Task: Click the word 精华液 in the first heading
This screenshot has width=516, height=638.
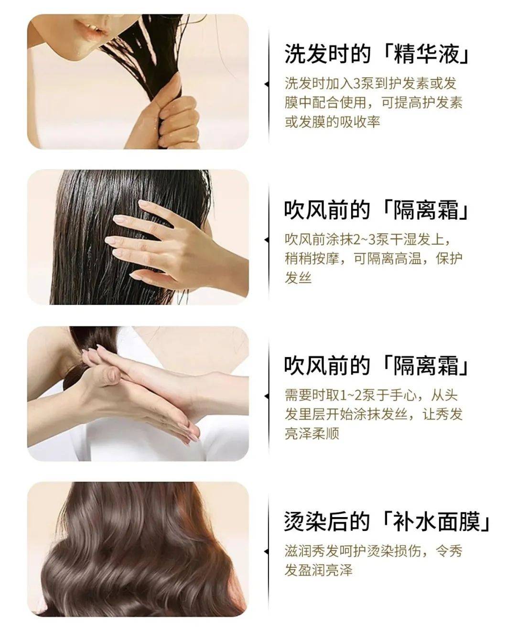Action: pos(427,54)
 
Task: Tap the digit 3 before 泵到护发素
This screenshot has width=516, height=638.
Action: pos(357,84)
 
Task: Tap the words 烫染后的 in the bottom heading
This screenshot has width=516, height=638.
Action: pos(327,521)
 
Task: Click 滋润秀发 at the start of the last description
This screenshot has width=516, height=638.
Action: pos(312,551)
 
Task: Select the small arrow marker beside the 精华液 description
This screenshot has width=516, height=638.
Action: pos(267,85)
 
